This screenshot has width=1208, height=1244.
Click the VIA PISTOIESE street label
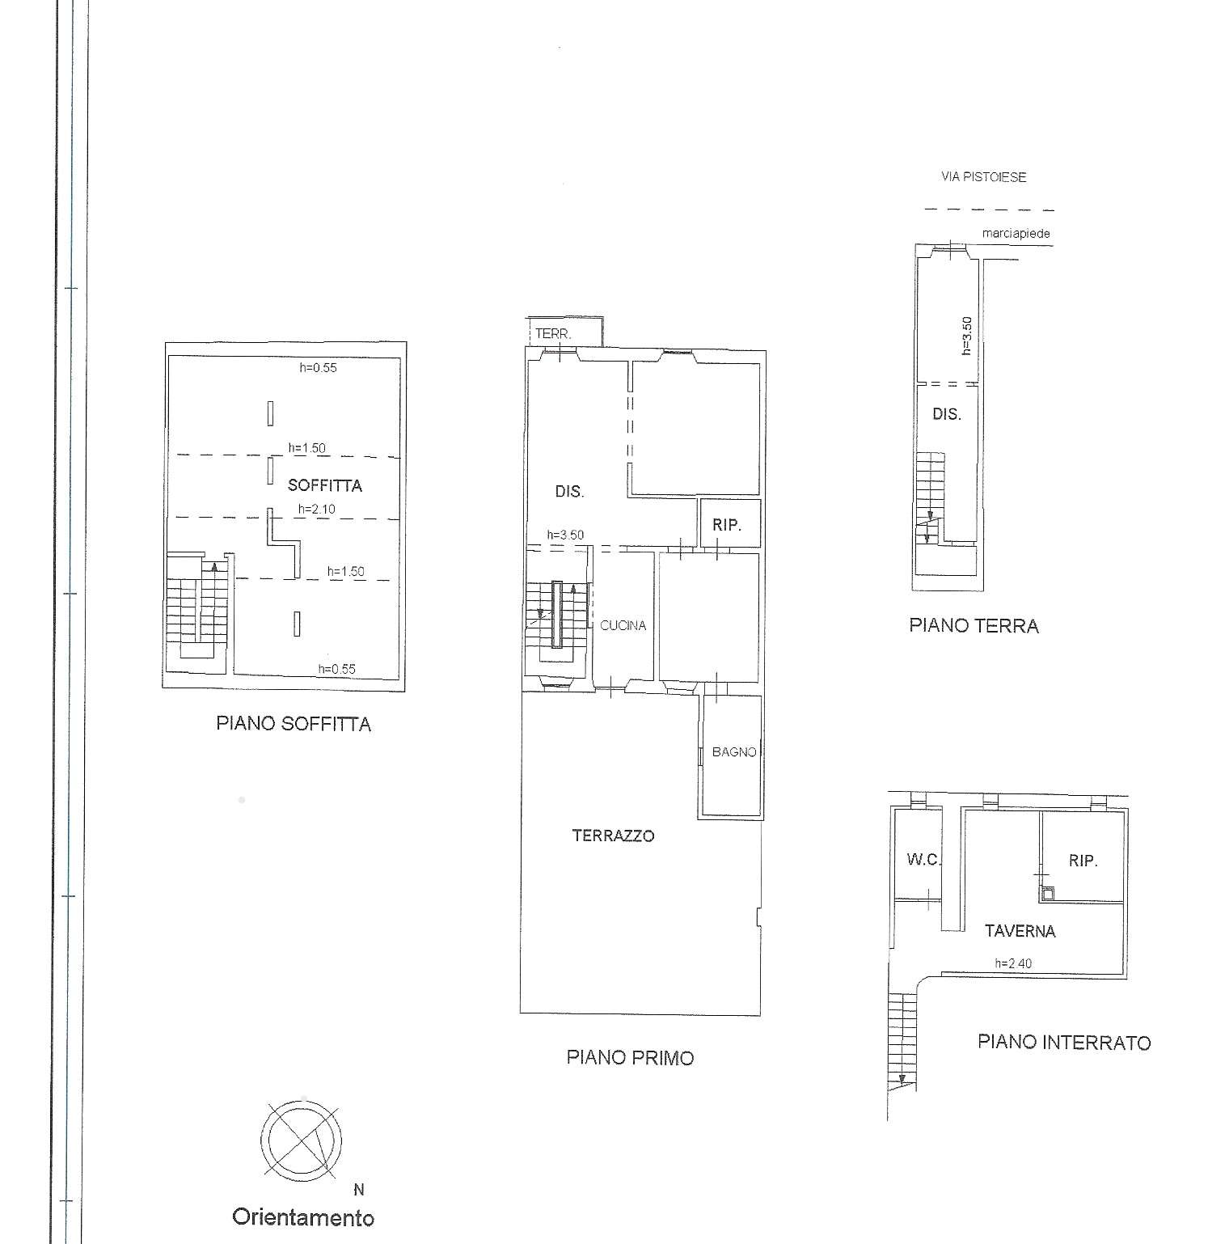tap(983, 177)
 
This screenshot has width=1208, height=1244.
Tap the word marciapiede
tap(1016, 234)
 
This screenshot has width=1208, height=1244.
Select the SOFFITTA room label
tap(325, 486)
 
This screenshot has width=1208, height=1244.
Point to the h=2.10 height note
tap(317, 509)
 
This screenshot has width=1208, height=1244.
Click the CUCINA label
tap(623, 625)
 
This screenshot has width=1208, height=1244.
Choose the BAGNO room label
tap(734, 752)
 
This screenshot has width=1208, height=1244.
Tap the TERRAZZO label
tap(613, 836)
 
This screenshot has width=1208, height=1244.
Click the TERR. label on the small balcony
tap(553, 333)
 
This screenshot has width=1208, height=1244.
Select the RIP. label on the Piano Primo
tap(727, 526)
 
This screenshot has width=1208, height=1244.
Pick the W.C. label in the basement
tap(923, 860)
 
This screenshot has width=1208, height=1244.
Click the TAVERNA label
tap(1020, 932)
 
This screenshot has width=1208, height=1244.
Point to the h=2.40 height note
tap(1013, 963)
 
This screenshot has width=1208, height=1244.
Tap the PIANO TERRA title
tap(974, 626)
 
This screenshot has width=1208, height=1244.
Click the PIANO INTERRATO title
tap(1064, 1043)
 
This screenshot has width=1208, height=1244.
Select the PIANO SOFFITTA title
tap(294, 724)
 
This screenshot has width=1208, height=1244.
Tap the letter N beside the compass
tap(359, 1190)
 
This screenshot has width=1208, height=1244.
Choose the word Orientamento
tap(303, 1217)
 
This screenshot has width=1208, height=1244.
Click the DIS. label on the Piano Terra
tap(947, 415)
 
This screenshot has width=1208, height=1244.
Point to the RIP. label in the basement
tap(1083, 861)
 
